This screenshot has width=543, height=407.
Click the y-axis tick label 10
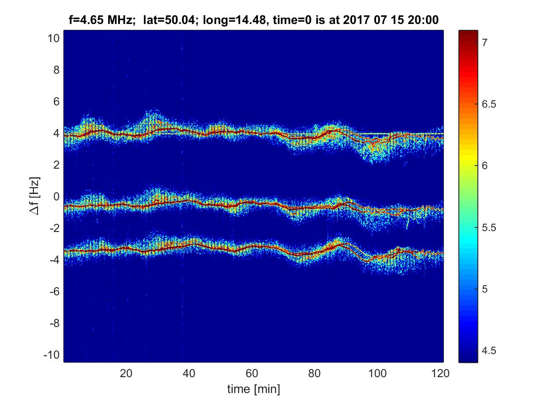[x=52, y=38]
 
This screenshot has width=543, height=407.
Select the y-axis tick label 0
[x=56, y=196]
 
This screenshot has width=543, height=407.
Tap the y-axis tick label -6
[x=53, y=291]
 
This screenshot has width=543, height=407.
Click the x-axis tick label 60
[x=252, y=374]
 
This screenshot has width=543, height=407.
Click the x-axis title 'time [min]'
[x=253, y=388]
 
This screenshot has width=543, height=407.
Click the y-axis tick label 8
[x=56, y=70]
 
